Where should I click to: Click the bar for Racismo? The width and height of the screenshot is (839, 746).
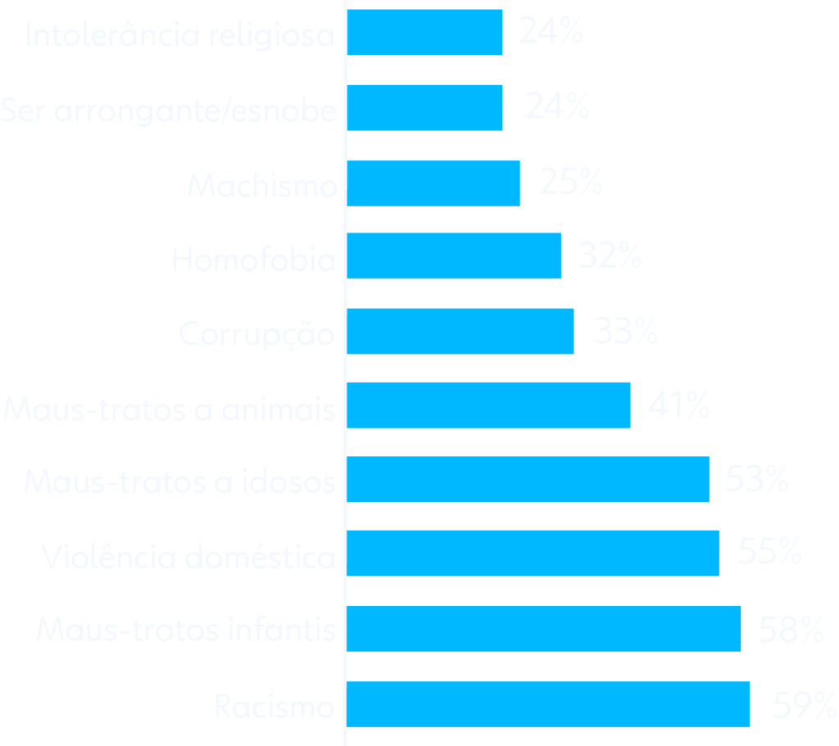point(548,704)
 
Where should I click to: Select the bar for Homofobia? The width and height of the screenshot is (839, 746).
point(454,256)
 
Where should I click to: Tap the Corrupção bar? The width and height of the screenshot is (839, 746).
point(460,331)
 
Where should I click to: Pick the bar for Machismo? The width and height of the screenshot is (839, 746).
point(433,183)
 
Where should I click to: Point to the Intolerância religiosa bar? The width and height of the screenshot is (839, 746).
point(424,33)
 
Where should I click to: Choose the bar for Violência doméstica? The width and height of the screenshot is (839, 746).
point(533,554)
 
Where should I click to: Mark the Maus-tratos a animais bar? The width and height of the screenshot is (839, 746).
point(488,405)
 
